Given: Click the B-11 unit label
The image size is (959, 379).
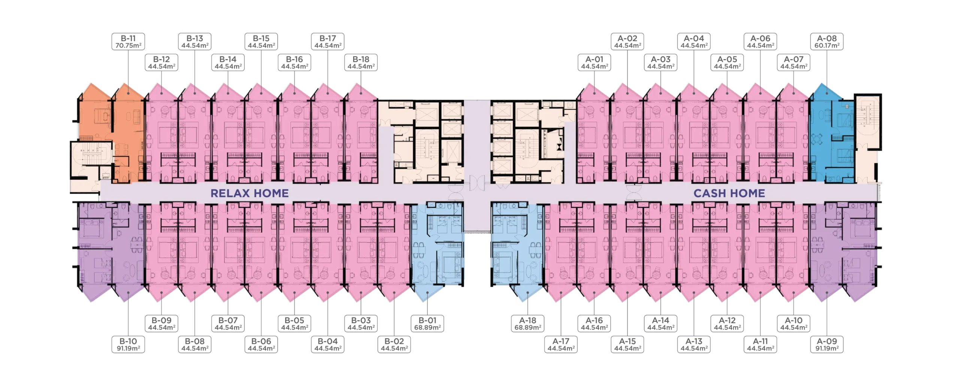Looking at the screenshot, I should pos(128,42).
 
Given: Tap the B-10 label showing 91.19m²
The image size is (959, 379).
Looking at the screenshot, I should pos(128,345).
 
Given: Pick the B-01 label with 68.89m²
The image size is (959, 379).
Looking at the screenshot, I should pos(427,324).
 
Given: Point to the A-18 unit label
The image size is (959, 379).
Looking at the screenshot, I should pos(527,324).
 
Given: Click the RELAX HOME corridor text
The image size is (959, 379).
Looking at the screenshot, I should pos(249,193).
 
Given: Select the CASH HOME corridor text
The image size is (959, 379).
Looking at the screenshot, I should pos(729,193).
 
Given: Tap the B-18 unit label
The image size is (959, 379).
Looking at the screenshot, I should pos(361,63).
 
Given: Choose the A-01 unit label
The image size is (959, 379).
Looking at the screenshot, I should pos(594,63).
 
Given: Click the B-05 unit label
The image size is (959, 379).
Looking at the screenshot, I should pos(294,324).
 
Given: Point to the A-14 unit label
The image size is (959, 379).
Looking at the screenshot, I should pos(660,324).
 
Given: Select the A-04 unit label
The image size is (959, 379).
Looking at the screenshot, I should pos(694,42).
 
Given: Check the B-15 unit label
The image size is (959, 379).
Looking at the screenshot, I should pos(261,42).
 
